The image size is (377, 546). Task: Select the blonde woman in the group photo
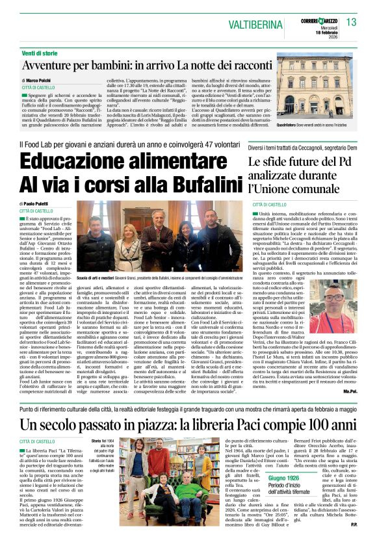(124, 246)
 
